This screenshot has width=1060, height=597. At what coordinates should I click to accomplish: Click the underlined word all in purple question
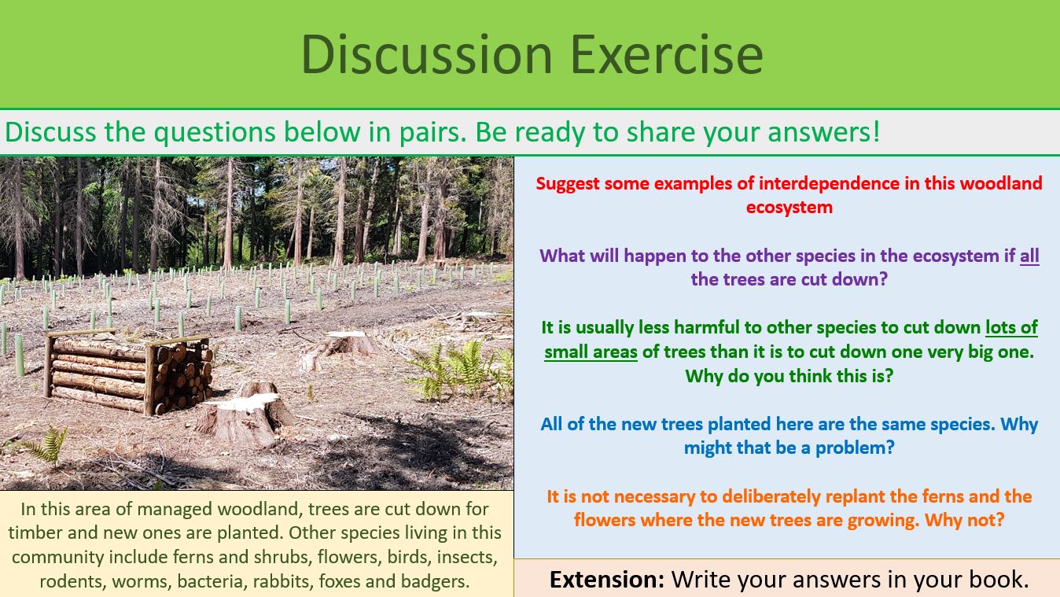click(1029, 256)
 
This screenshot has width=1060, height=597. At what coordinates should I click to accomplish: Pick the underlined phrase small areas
click(591, 352)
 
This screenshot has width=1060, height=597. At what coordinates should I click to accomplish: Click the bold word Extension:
click(606, 580)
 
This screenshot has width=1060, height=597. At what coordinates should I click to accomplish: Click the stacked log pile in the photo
click(130, 372)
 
